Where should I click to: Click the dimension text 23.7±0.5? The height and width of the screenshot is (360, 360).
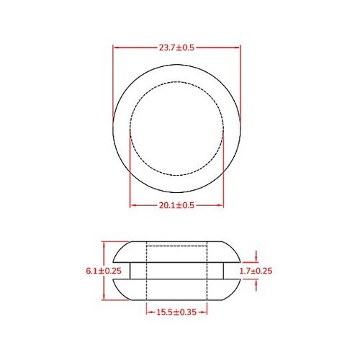177,48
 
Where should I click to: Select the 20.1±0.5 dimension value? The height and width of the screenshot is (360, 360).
177,205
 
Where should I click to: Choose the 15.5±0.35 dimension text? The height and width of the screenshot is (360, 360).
177,312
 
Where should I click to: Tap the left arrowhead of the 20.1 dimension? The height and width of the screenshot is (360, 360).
132,205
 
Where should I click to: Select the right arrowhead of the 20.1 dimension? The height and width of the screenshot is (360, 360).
222,205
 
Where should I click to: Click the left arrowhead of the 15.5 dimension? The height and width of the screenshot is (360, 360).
148,312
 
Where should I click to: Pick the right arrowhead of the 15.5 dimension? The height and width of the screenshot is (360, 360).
205,312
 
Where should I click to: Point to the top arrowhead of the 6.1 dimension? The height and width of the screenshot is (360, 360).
106,244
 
